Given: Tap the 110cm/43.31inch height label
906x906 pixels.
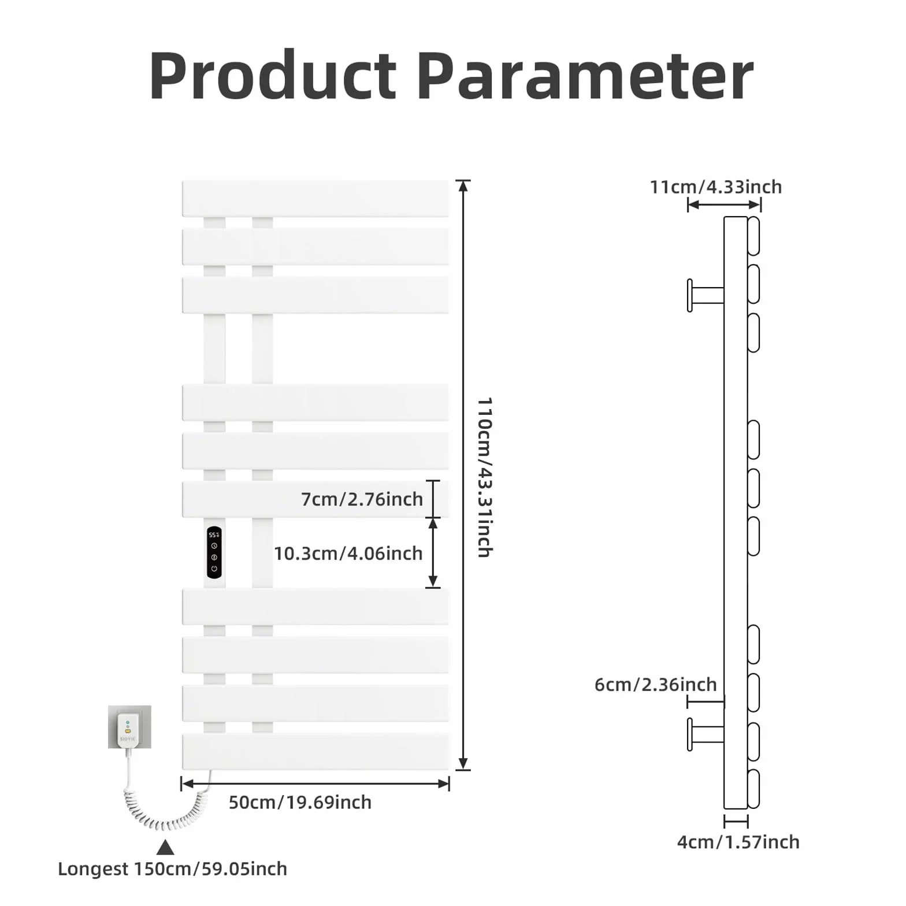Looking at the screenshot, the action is coord(484,477).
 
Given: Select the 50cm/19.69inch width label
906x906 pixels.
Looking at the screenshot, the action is coord(300,803).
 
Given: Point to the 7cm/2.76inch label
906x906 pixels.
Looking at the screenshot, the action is coord(362,499).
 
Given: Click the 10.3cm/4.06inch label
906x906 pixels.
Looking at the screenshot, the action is coord(348,554).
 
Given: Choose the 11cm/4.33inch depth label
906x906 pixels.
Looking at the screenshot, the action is coord(716,187).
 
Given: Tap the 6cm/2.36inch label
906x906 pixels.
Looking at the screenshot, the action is coord(656,685).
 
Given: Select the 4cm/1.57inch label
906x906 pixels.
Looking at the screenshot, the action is coord(738,842).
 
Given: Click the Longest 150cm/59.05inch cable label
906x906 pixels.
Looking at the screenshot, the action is coord(173,869).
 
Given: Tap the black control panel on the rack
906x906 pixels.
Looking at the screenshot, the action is coord(214,552).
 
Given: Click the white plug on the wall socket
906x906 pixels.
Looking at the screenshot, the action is coord(127,730).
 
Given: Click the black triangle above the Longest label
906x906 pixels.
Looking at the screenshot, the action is coord(166,848).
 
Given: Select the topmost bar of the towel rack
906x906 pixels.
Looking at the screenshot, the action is coord(315,199).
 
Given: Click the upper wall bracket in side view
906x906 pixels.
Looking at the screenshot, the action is coord(706,295).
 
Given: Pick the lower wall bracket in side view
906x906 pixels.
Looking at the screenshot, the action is coord(706,734).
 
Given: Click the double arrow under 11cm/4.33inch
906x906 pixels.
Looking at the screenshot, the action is coord(725,205).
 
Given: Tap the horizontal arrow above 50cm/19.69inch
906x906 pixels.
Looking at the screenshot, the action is coord(315,784).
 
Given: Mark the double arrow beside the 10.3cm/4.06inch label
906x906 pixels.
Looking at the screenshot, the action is coord(433,553).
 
